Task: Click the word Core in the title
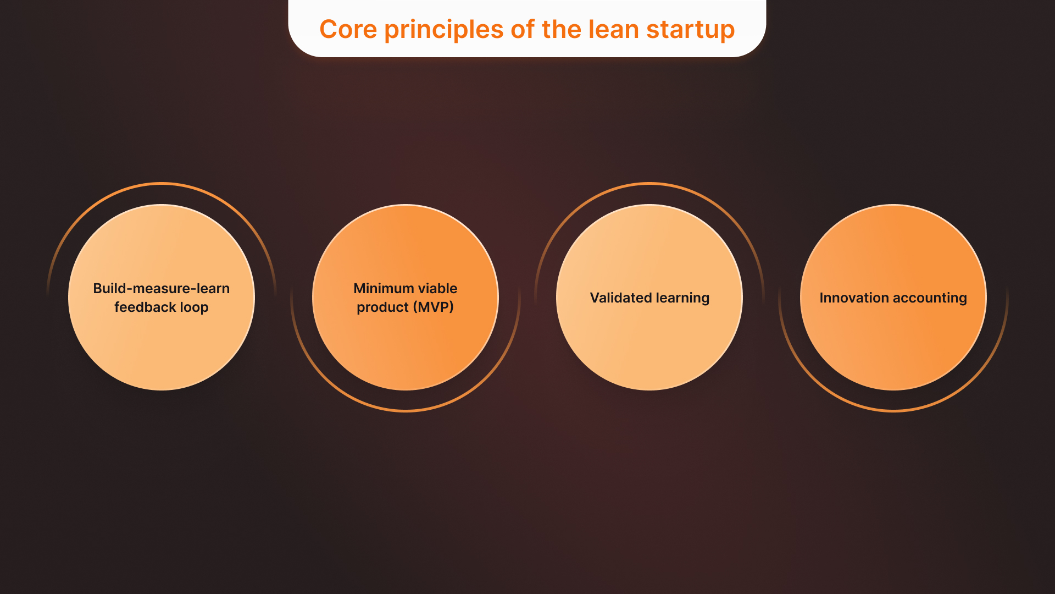tap(348, 29)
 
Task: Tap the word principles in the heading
tap(443, 30)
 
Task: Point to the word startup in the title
tap(690, 30)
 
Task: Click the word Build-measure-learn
tap(161, 288)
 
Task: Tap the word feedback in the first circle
tap(145, 307)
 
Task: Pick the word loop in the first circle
tap(194, 308)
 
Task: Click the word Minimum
tap(383, 288)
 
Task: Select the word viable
tap(437, 288)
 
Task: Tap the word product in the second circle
tap(382, 307)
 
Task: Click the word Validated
tap(620, 298)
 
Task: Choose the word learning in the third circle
tap(682, 299)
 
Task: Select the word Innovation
tap(853, 298)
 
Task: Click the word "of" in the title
tap(522, 29)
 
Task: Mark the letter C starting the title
tap(328, 29)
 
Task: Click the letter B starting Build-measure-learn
tap(97, 288)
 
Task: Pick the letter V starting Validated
tap(594, 298)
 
